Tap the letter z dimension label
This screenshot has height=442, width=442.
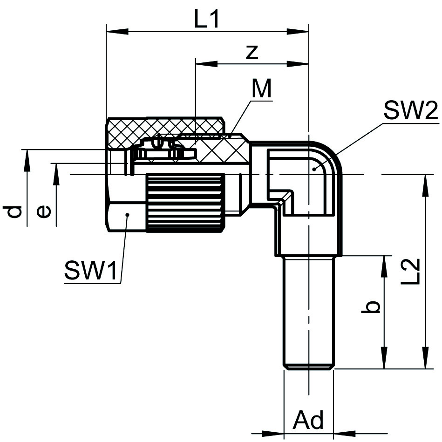pos(252,52)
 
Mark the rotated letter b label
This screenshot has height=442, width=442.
pos(371,307)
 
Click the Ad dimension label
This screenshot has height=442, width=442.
pos(308,421)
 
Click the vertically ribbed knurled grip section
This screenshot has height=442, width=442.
pos(184,202)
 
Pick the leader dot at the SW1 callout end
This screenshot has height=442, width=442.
pos(128,214)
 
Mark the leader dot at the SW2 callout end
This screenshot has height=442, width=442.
pos(315,169)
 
